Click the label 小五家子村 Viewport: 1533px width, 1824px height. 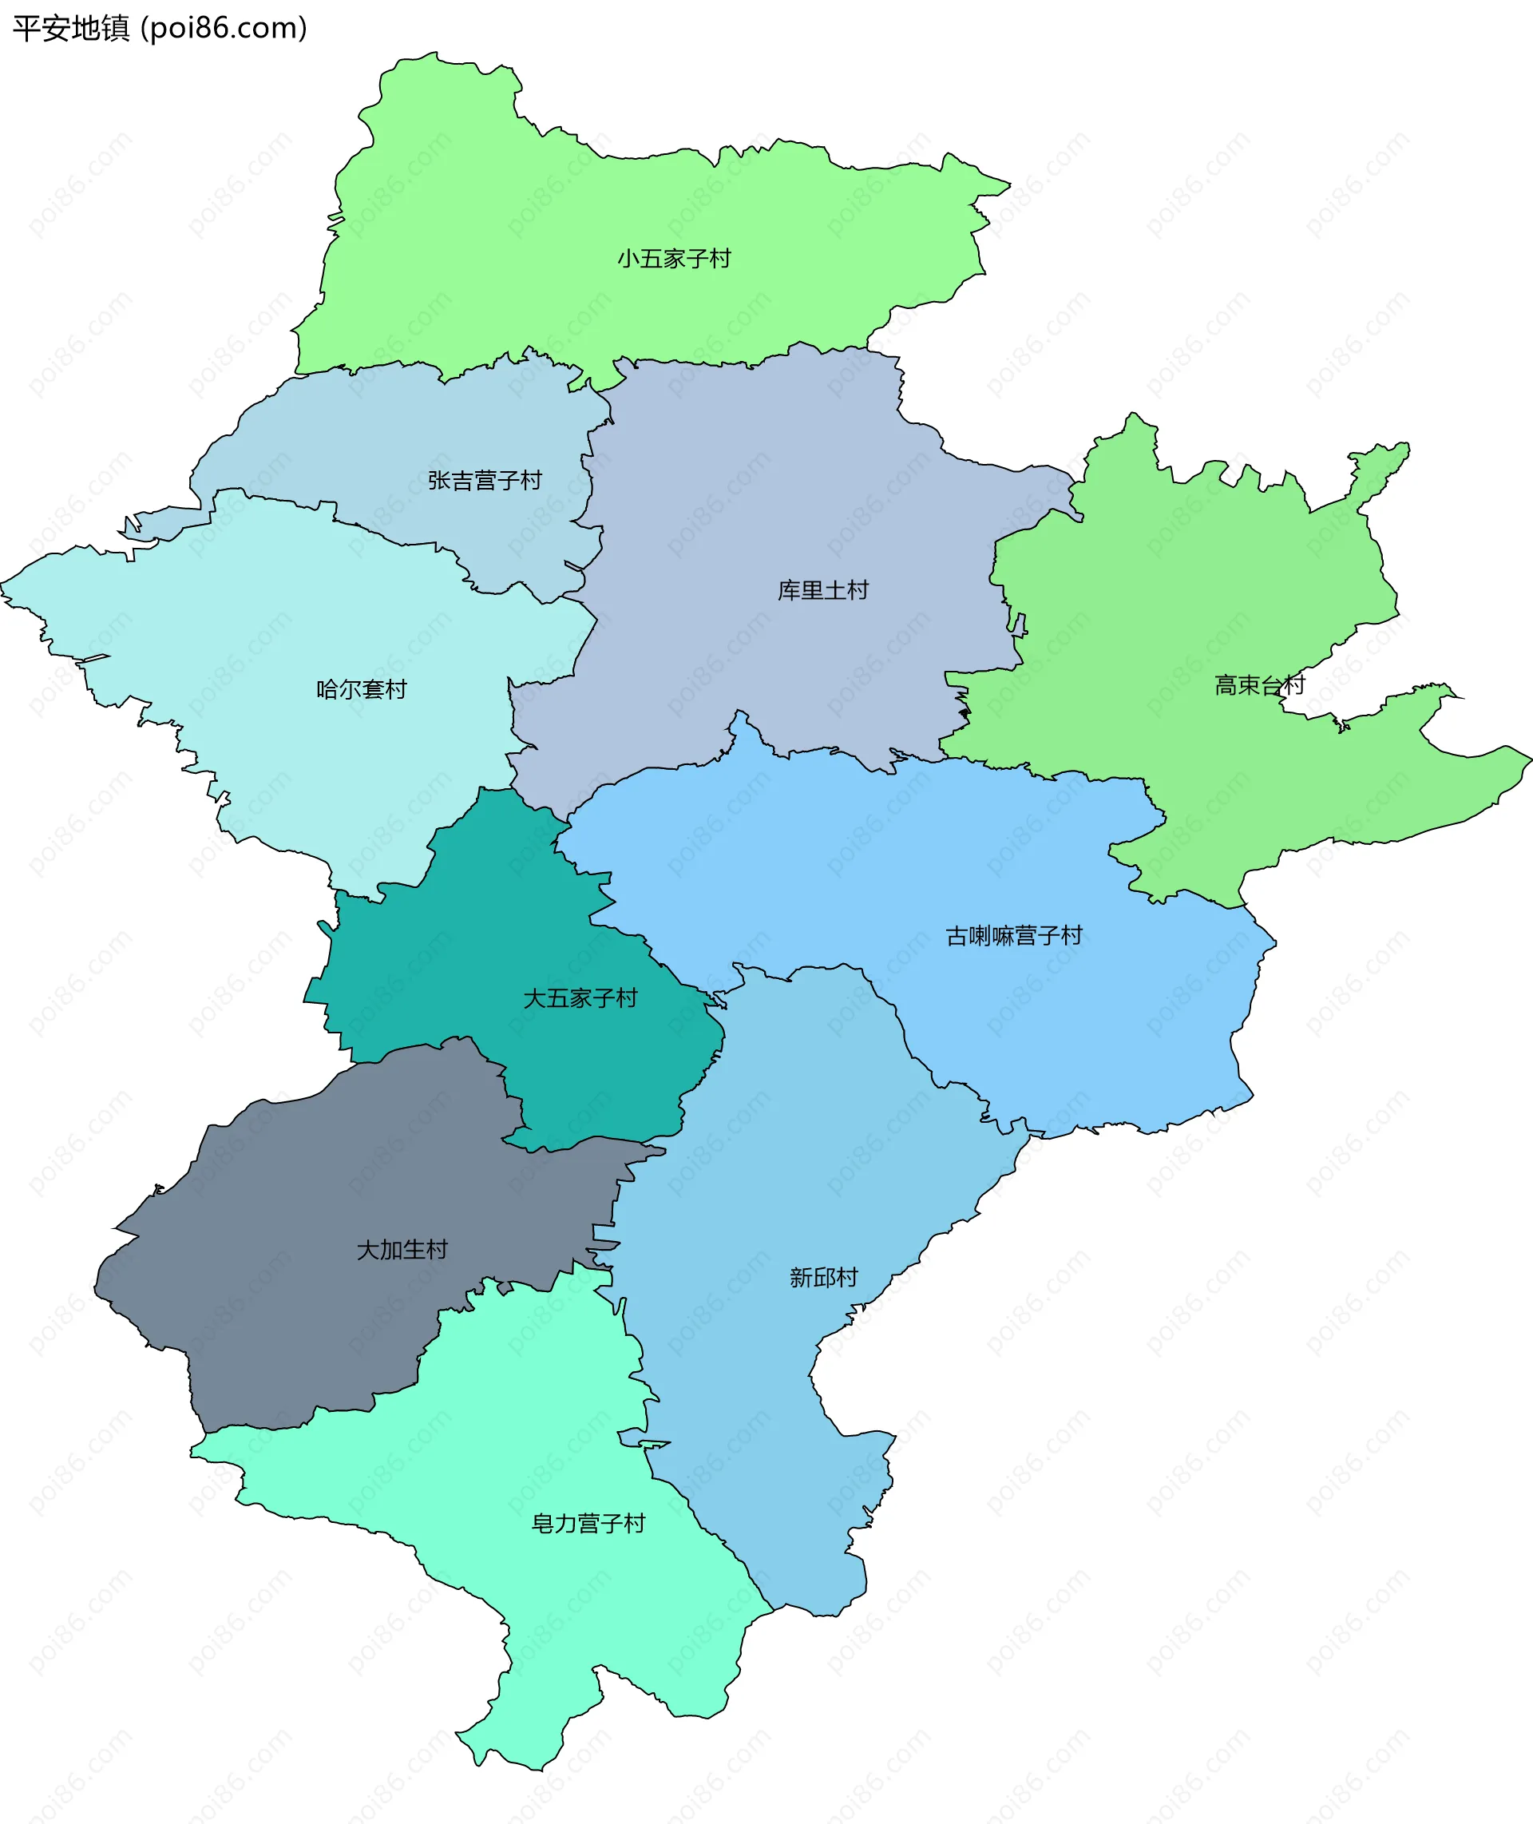point(674,258)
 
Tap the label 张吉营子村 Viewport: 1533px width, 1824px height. point(484,480)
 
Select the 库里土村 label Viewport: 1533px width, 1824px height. point(822,590)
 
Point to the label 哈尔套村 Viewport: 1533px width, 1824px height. point(362,689)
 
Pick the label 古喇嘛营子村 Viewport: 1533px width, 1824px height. point(1013,935)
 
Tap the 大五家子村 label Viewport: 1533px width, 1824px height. point(580,997)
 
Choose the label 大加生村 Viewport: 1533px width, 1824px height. point(402,1250)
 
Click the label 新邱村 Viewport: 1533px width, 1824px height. point(823,1278)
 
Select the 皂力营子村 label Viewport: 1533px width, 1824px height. point(588,1524)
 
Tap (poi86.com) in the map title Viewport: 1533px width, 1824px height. point(224,29)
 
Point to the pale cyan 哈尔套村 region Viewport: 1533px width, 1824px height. point(261,625)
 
